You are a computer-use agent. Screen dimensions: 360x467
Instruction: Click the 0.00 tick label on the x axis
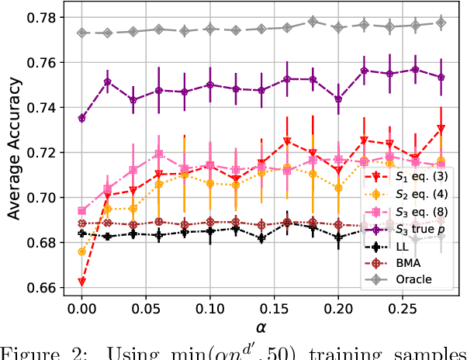coord(81,309)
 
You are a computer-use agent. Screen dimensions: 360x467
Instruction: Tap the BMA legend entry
coord(408,262)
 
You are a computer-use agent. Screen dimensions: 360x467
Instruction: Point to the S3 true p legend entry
coord(420,229)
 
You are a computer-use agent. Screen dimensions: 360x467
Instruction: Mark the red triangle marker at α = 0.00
coord(81,282)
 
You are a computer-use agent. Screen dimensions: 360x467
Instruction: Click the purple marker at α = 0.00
coord(81,118)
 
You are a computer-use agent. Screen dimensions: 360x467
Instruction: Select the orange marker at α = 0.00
coord(81,251)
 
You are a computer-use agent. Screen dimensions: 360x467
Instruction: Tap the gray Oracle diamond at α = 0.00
coord(81,33)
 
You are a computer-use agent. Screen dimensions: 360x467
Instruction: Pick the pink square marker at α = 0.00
coord(81,210)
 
